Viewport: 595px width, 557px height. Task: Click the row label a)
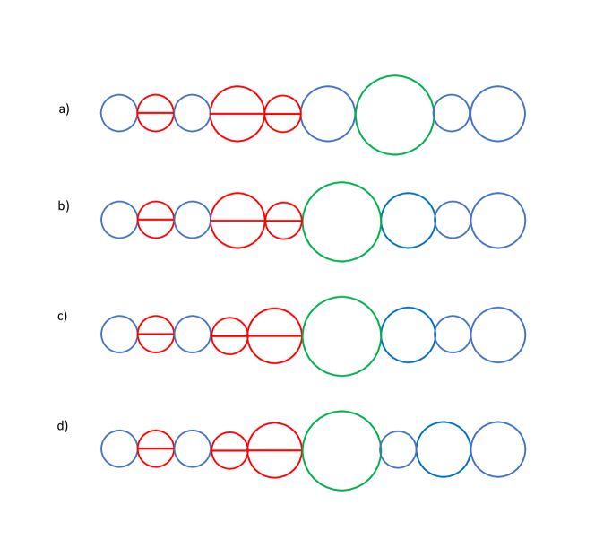64,109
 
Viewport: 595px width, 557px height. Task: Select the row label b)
64,205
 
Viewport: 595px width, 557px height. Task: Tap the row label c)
63,316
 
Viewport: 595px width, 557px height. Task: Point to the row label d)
63,426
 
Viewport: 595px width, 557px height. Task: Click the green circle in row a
394,115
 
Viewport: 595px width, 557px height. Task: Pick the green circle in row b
341,222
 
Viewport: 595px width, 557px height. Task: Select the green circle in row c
341,336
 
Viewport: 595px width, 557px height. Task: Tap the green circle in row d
341,450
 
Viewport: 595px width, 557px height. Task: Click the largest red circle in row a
237,113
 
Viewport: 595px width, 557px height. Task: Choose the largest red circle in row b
237,220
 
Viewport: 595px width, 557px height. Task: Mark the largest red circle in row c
274,335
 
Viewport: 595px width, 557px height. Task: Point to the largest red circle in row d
274,449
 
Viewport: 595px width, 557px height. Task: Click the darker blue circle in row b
408,221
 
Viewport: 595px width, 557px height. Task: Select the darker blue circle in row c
408,335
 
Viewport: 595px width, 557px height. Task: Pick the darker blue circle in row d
444,449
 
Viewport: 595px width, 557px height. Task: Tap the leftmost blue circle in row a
119,113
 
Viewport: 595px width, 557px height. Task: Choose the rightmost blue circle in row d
498,449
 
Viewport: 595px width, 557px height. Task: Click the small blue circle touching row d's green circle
398,449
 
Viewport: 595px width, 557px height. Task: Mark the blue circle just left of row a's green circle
328,114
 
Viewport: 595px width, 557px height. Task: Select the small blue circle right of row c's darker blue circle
453,335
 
